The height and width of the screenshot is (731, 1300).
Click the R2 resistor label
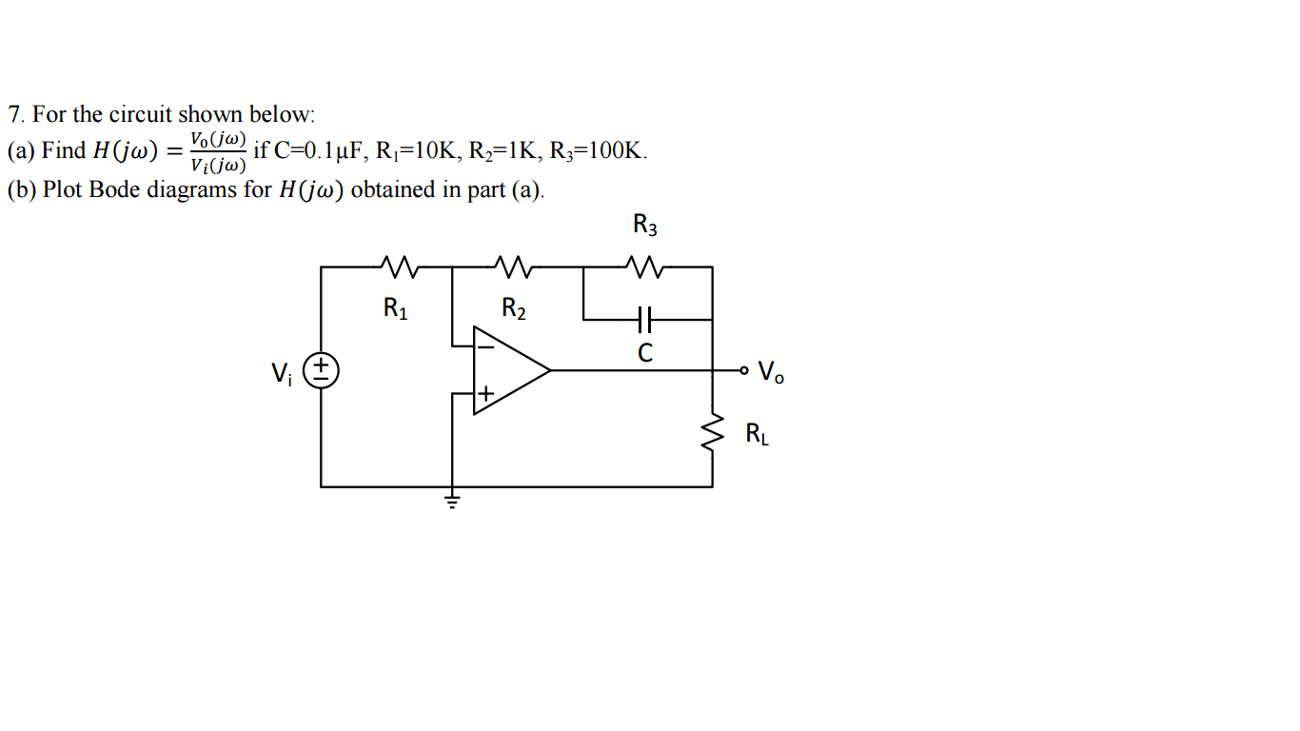point(514,308)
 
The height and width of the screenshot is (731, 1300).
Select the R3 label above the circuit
point(645,226)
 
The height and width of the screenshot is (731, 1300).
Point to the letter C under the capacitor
point(645,353)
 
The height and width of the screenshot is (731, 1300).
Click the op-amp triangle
point(509,370)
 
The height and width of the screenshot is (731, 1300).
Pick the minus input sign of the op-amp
point(485,347)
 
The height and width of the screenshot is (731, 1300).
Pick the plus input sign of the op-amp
point(485,392)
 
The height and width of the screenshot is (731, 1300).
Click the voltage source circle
point(322,370)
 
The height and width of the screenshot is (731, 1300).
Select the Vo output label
point(772,372)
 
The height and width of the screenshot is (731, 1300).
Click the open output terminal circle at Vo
point(744,369)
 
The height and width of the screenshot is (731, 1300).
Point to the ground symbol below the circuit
point(452,499)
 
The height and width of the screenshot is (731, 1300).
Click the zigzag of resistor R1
point(396,267)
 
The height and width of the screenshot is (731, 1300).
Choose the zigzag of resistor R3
point(645,267)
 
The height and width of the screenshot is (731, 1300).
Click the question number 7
point(14,115)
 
